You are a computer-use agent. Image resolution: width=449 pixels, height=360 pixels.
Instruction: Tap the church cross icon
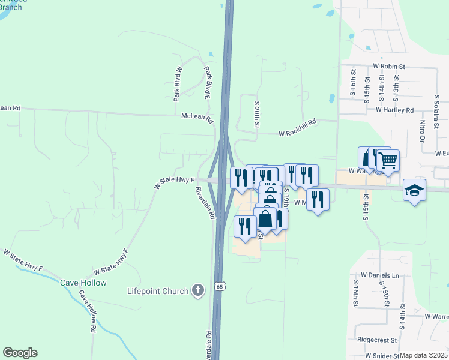click(199, 291)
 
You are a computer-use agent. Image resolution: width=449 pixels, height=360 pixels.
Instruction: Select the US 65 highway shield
click(220, 287)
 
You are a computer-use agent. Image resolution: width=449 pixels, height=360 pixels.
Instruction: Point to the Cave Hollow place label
click(83, 283)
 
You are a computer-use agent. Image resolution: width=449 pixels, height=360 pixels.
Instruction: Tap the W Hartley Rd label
click(395, 110)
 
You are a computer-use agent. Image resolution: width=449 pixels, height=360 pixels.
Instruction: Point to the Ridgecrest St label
click(377, 339)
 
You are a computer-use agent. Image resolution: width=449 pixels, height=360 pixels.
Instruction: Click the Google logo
click(20, 353)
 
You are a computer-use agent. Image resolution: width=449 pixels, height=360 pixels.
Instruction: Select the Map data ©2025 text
click(423, 355)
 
